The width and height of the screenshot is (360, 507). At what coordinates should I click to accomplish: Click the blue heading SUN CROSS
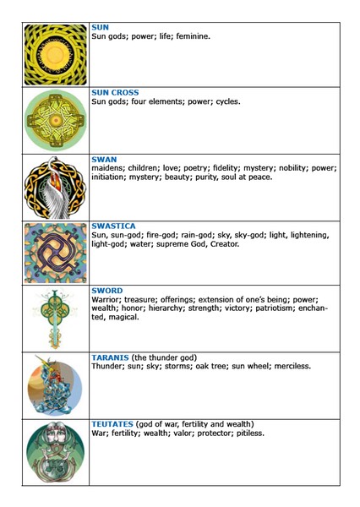tap(115, 92)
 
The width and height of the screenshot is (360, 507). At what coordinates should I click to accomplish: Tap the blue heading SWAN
tap(104, 159)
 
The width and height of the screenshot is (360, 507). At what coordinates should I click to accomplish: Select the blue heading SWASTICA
tap(112, 226)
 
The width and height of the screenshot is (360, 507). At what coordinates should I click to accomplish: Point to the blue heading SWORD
tap(106, 291)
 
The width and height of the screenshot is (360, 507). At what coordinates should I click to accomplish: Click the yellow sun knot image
tap(56, 55)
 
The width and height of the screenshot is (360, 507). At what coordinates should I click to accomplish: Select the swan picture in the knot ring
tap(56, 188)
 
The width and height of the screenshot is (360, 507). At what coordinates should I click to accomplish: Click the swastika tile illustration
tap(56, 253)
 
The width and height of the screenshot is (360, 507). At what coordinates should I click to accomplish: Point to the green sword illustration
tap(56, 319)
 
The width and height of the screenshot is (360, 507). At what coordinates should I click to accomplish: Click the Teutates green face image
tap(56, 452)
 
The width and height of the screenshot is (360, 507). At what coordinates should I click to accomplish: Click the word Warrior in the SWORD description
tap(107, 301)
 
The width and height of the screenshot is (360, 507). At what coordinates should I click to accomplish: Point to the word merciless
tap(287, 367)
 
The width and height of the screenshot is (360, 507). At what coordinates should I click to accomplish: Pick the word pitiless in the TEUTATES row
tap(247, 433)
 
